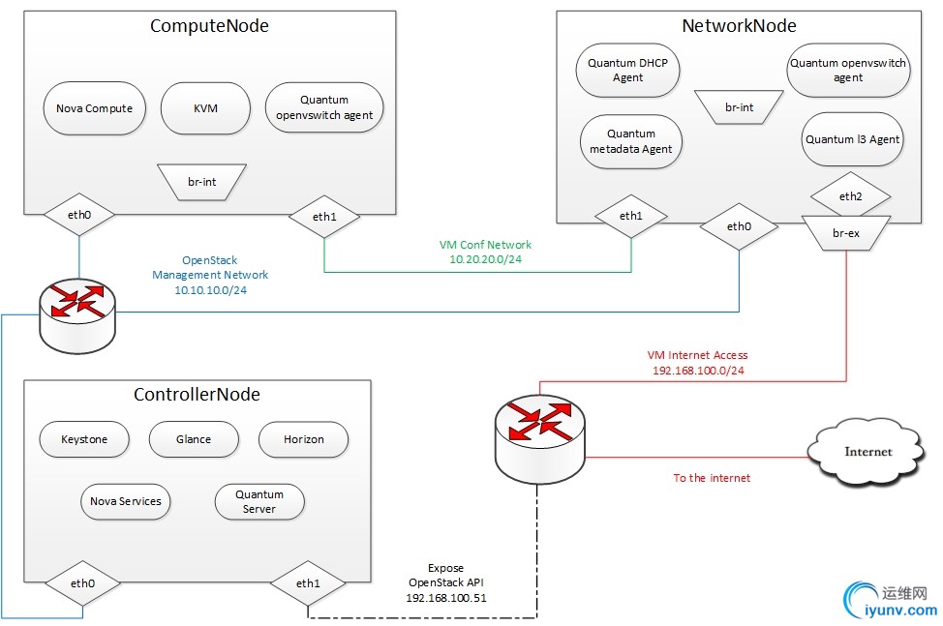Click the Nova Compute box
tap(88, 108)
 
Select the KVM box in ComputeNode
tap(205, 108)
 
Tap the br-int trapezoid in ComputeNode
tap(201, 181)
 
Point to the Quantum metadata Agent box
tap(631, 141)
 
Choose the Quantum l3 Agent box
tap(852, 139)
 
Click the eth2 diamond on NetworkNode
tap(850, 196)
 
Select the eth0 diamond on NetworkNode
tap(739, 226)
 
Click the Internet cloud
tap(868, 452)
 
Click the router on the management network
tap(78, 313)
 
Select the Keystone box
tap(84, 439)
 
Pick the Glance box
tap(194, 439)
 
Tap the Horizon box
tap(304, 439)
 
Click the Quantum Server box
tap(259, 502)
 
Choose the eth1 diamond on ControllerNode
tap(307, 583)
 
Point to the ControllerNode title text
tap(197, 395)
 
